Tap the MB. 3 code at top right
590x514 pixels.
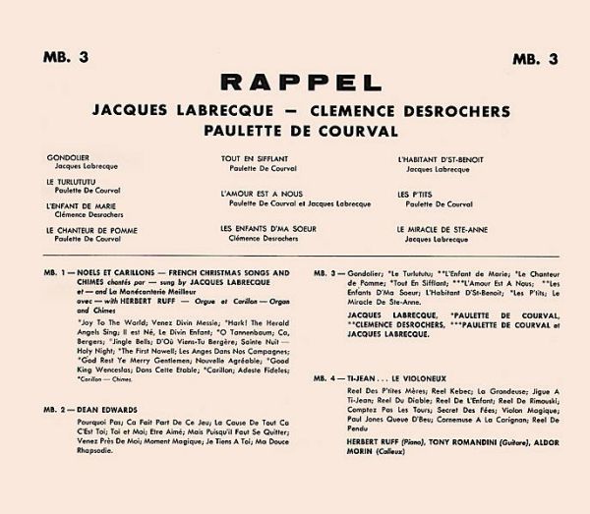535,57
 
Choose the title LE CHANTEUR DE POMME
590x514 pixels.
89,229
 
